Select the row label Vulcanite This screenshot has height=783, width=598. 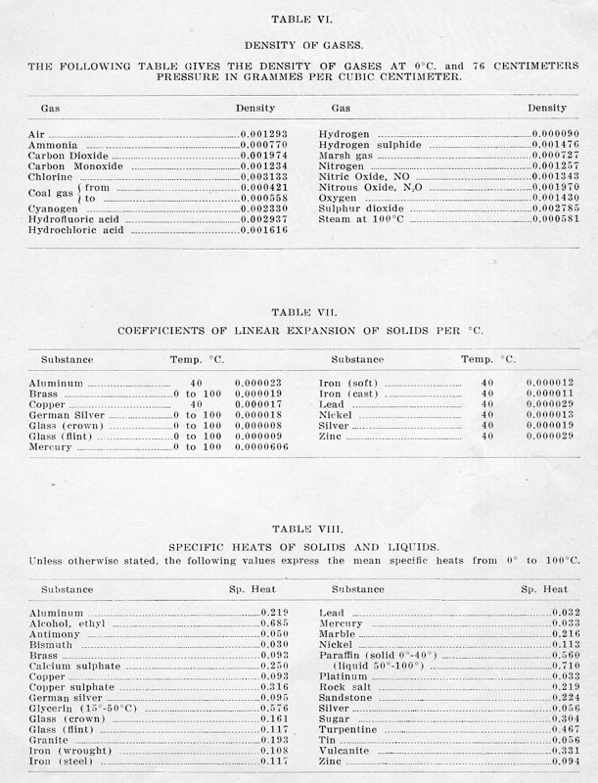[349, 749]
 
